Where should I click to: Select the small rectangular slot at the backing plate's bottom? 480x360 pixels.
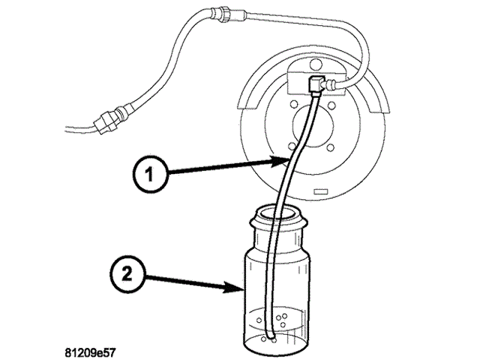pyautogui.click(x=320, y=192)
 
